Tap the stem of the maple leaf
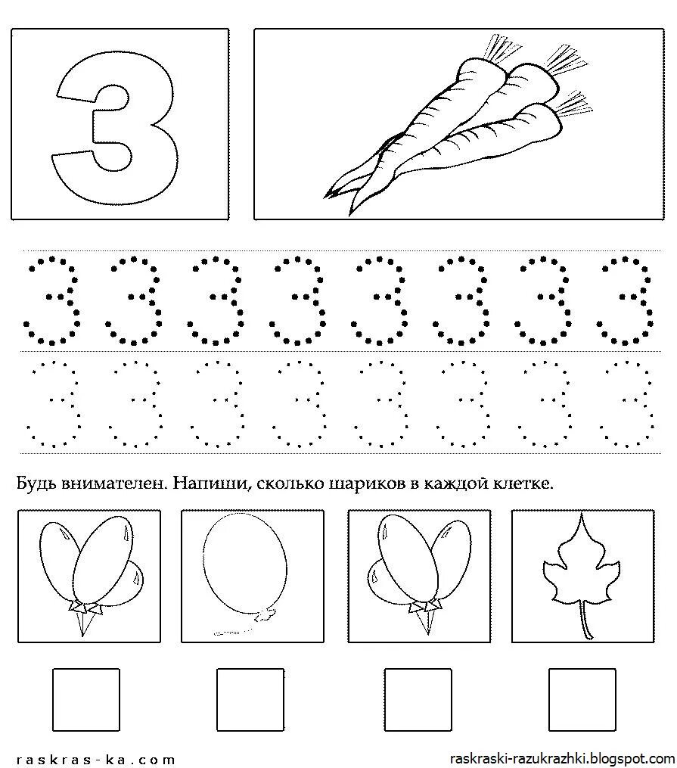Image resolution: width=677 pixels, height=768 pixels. pos(583,617)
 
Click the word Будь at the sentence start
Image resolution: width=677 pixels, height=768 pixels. pos(36,483)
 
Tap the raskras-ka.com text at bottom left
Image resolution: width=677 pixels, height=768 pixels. pos(95,759)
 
